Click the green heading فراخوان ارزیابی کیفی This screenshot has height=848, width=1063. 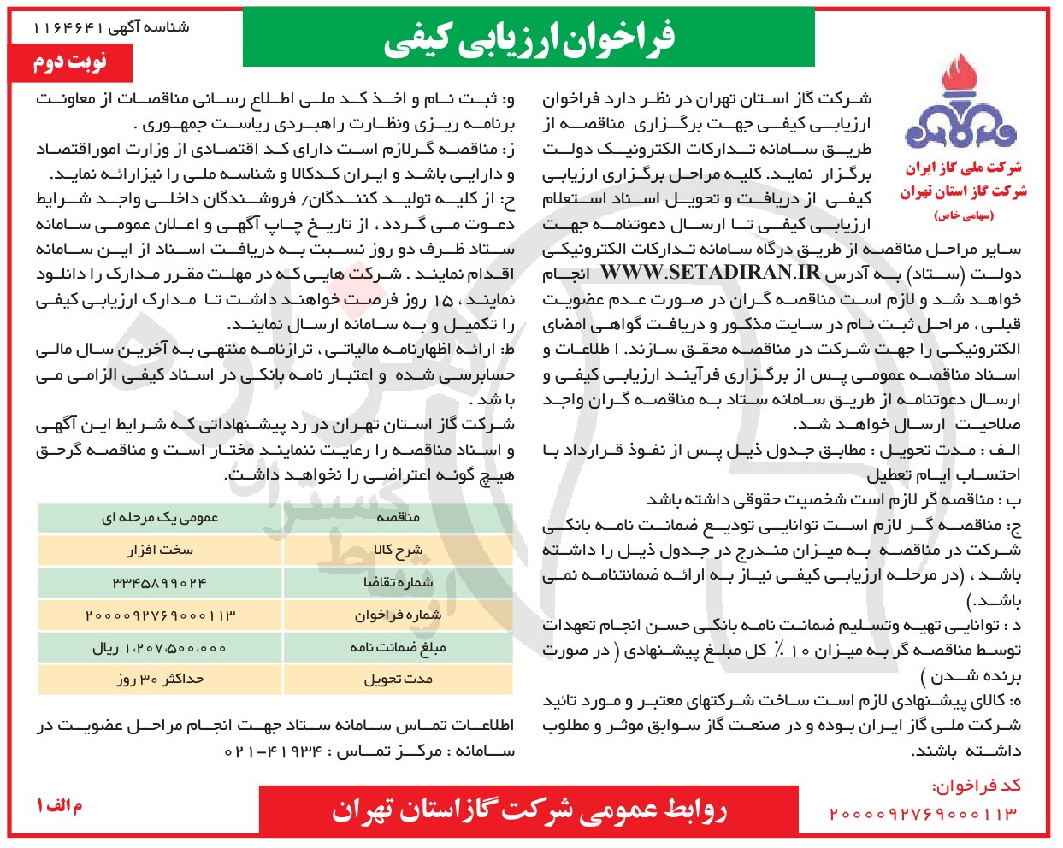(529, 38)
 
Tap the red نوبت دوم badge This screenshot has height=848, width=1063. (70, 63)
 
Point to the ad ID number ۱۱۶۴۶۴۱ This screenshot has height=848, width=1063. (68, 27)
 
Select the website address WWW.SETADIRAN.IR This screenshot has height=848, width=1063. (710, 274)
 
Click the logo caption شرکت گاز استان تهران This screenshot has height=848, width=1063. (963, 191)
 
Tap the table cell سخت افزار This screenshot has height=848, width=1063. (160, 550)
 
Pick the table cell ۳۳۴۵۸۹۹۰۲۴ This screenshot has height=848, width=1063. (160, 582)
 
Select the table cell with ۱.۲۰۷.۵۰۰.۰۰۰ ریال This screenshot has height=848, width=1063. (160, 648)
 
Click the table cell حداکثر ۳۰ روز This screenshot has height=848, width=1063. (160, 680)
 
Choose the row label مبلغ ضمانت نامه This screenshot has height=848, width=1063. (398, 648)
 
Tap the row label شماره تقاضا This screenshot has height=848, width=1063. (398, 582)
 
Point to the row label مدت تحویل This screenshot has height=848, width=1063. (398, 680)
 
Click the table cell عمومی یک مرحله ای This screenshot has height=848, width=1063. (160, 518)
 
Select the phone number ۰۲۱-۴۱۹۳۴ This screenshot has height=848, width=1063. (273, 751)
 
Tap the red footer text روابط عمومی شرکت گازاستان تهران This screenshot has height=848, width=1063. (529, 810)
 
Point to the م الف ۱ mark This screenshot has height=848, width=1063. (59, 806)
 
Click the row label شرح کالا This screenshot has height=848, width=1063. (398, 550)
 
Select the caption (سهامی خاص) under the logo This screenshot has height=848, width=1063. (964, 215)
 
